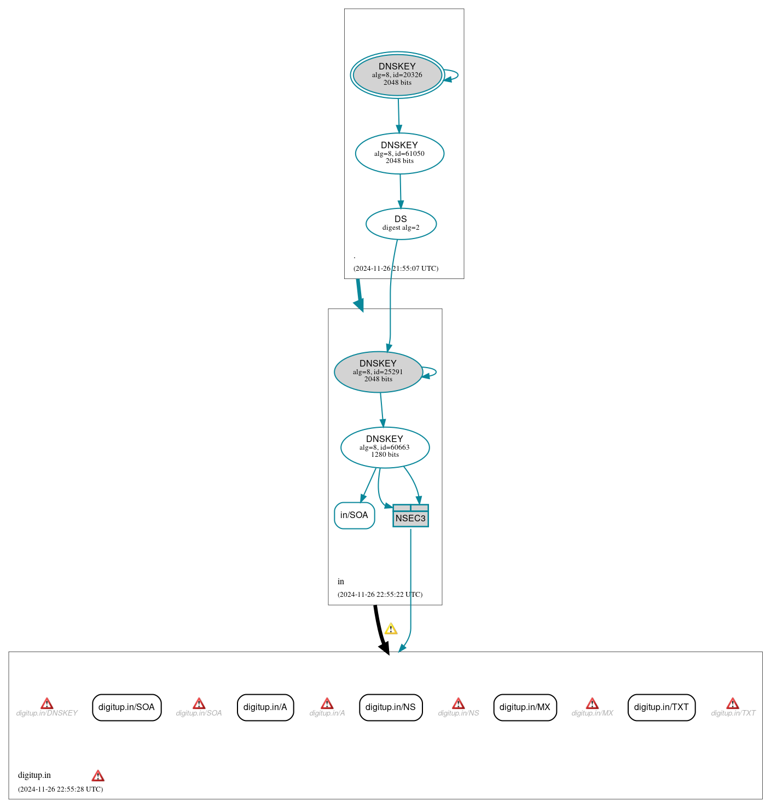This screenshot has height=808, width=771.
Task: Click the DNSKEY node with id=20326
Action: coord(397,75)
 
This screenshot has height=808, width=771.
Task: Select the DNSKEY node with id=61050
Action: coord(399,153)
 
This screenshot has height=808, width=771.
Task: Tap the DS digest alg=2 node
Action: coord(401,223)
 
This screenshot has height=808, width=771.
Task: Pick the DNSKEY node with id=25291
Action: coord(378,371)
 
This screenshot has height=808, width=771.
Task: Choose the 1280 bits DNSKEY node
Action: coord(385,447)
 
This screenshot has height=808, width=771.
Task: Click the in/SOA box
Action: coord(354,515)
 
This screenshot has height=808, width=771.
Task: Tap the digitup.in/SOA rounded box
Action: coord(126,707)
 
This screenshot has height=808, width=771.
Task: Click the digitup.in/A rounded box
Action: coord(265,707)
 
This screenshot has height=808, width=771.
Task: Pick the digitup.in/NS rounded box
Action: coord(390,707)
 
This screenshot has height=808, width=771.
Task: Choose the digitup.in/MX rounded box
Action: coord(525,707)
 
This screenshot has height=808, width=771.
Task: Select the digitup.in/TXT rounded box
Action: coord(661,707)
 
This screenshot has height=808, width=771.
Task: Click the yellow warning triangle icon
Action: coord(391,629)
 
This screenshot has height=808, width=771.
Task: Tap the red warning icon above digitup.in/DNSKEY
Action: coord(47,704)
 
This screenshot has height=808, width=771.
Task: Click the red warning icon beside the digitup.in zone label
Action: coord(98,776)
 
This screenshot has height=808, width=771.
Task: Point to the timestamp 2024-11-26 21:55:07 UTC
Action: coord(396,269)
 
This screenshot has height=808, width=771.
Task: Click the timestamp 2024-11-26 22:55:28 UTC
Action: coord(60,789)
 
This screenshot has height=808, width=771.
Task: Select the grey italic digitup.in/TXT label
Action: coord(733,713)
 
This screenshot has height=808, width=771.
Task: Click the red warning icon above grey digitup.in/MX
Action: coord(592,704)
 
